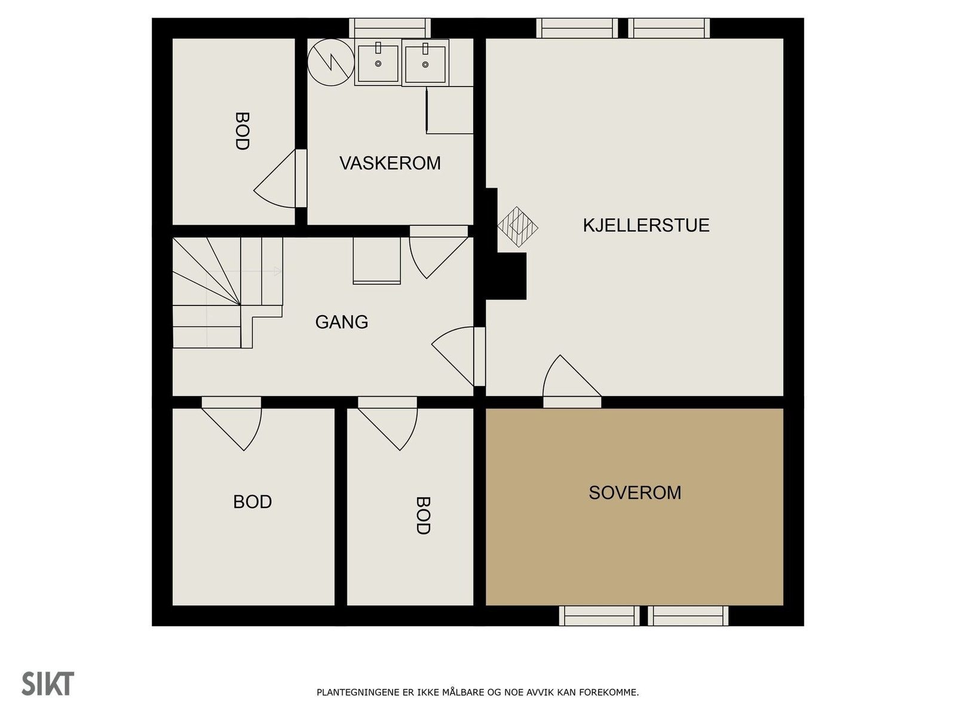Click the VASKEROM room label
point(390,163)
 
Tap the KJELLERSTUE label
point(646,225)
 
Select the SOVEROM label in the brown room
point(635,492)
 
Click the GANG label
point(341,322)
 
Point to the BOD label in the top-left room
point(241,131)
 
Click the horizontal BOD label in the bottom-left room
point(252,501)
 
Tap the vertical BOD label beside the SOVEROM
point(423,515)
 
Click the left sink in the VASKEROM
point(378,62)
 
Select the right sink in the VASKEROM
point(425,63)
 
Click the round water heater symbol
point(330,62)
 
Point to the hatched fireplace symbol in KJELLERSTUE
point(517,227)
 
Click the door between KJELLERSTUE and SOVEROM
point(571,382)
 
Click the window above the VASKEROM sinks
point(390,28)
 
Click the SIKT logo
point(48,684)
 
